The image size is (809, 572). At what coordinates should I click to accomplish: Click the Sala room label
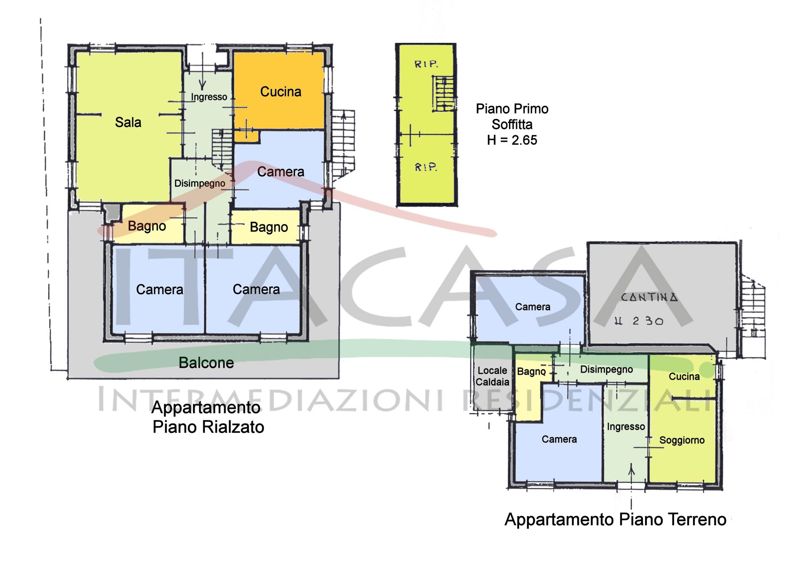pos(128,123)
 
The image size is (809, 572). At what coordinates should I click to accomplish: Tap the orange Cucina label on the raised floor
pos(281,92)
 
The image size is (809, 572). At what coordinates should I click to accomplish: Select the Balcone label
pos(206,363)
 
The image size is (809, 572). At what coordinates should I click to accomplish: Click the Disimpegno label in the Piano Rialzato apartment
pos(200,183)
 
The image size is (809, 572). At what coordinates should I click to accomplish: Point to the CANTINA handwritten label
pos(649,297)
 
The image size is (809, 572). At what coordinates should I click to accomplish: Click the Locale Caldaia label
pos(492,376)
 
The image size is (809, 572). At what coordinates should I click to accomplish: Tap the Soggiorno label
pos(682,440)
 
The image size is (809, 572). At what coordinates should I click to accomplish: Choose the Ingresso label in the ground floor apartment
pos(626,427)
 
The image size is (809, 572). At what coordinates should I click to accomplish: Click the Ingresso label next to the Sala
pos(209,97)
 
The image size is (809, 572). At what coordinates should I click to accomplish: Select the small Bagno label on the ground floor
pos(531,371)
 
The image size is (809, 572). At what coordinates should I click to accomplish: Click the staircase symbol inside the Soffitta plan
pos(443,94)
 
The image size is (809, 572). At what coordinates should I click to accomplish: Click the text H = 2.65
pos(512,140)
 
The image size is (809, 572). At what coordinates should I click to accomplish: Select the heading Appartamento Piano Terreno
pos(615,520)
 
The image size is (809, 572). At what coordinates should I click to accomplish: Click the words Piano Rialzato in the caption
pos(208,427)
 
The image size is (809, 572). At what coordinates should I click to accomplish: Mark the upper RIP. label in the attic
pos(426,64)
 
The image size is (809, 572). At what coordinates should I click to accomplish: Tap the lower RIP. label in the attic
pos(426,167)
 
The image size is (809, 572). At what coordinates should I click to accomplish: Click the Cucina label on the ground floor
pos(684,377)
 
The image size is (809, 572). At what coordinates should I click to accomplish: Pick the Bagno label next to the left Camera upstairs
pos(147,226)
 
